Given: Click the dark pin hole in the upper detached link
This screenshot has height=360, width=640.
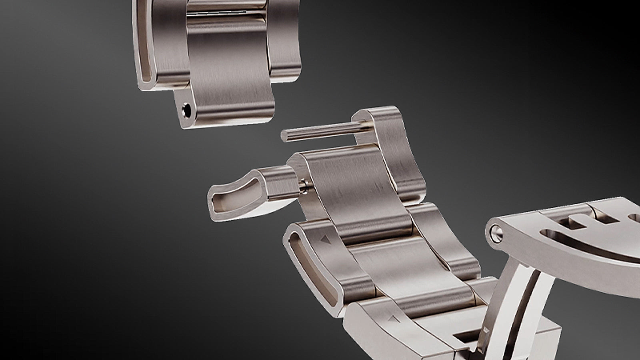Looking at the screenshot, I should pos(186,110).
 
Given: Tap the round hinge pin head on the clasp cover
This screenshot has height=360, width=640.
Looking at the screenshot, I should pos(496,233).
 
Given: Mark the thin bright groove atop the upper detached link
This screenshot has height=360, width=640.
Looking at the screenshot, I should pos(224,13).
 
